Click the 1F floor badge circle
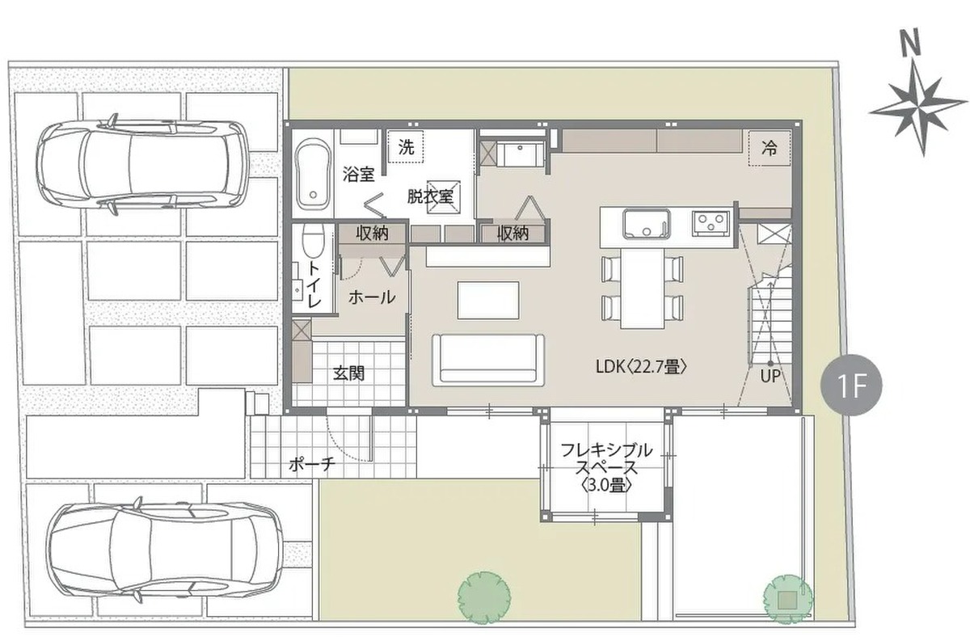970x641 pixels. click(851, 385)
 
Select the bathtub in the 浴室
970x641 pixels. click(313, 175)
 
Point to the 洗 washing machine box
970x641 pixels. click(406, 146)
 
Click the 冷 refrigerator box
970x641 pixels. click(770, 148)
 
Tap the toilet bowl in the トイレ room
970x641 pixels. click(313, 240)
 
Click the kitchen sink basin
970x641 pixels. click(647, 224)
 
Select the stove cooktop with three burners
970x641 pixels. click(711, 223)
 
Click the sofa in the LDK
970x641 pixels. click(488, 360)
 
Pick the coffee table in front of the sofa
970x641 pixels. click(488, 300)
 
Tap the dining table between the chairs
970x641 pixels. click(643, 289)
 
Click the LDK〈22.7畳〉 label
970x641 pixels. click(642, 367)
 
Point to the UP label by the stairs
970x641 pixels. click(770, 376)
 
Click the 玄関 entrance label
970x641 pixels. click(348, 373)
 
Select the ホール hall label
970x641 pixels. click(372, 297)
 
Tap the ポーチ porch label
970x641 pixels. click(312, 465)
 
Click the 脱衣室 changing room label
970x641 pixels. click(430, 196)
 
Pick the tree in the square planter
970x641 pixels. click(787, 600)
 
